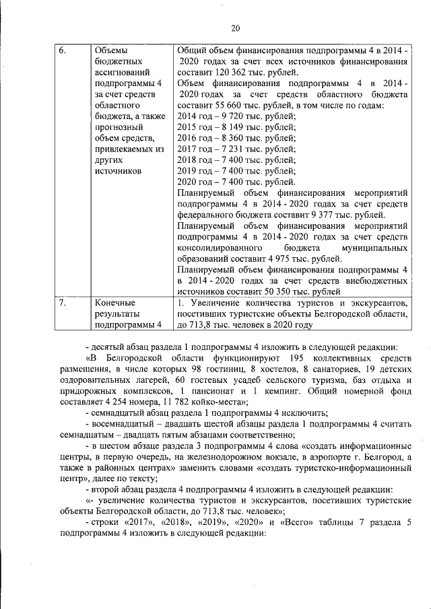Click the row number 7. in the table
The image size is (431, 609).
62,303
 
